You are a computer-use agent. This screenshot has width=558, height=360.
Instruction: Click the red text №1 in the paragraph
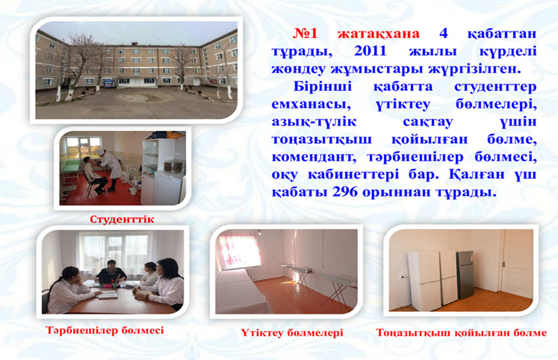point(305,34)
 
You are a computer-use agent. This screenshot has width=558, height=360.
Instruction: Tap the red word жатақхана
point(379,34)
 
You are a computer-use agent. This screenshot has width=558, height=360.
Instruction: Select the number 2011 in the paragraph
point(370,52)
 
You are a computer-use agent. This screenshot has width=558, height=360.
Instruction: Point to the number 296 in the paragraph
point(345,192)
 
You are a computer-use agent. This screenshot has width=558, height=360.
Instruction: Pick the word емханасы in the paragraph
point(309,104)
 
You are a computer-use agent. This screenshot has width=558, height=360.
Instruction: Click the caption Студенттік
point(122,219)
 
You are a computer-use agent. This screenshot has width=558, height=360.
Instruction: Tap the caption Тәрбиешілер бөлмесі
point(105,330)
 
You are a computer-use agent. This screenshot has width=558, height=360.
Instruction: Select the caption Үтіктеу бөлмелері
point(292,333)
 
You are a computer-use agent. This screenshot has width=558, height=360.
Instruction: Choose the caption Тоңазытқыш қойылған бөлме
point(462,333)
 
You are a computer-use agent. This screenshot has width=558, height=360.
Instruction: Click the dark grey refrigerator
point(465,274)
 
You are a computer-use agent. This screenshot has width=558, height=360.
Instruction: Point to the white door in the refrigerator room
point(518,262)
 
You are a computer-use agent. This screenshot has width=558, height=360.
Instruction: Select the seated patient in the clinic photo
point(93,176)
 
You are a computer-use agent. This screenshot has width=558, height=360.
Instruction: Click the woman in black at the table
point(111,272)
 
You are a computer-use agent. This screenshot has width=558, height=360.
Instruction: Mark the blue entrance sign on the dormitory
point(108,82)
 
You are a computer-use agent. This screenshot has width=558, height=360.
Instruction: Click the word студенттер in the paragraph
point(495,87)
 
